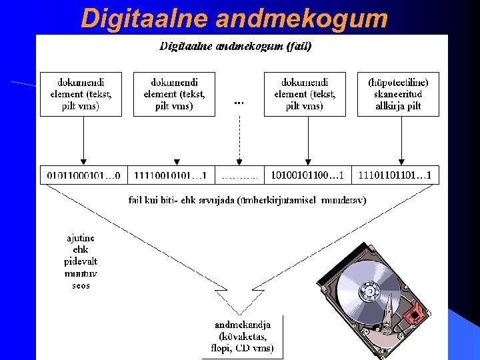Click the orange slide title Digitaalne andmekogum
pyautogui.click(x=234, y=18)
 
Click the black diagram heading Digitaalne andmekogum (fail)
pyautogui.click(x=235, y=47)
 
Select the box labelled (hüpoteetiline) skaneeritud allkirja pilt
pyautogui.click(x=398, y=94)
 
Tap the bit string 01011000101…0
pyautogui.click(x=83, y=175)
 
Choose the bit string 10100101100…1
pyautogui.click(x=307, y=175)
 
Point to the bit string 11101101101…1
pyautogui.click(x=395, y=175)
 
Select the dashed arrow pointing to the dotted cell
pyautogui.click(x=239, y=140)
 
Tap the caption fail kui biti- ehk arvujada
pyautogui.click(x=247, y=199)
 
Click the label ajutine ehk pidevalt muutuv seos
pyautogui.click(x=81, y=261)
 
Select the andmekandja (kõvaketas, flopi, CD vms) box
pyautogui.click(x=243, y=337)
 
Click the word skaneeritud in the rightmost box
pyautogui.click(x=398, y=95)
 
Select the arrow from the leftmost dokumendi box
pyautogui.click(x=83, y=140)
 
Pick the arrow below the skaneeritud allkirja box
pyautogui.click(x=400, y=140)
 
